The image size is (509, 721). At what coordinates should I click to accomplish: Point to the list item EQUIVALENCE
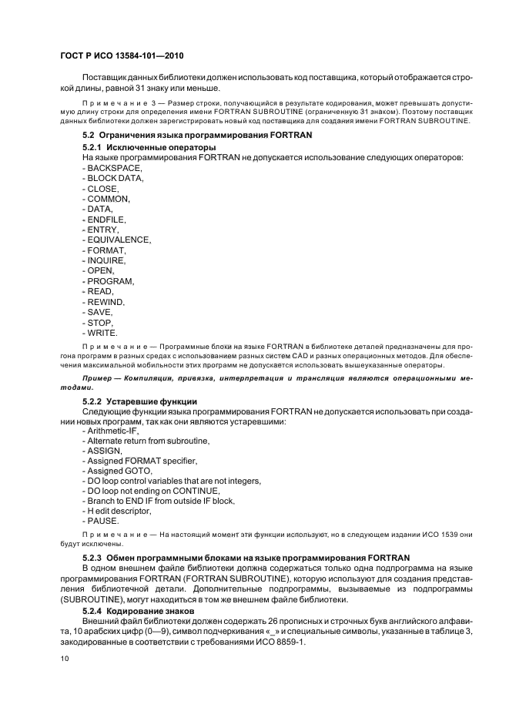pyautogui.click(x=119, y=240)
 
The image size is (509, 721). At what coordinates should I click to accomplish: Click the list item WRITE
pyautogui.click(x=102, y=334)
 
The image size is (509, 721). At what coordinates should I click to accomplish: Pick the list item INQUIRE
pyautogui.click(x=105, y=261)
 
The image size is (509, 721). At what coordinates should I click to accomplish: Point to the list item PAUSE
pyautogui.click(x=103, y=521)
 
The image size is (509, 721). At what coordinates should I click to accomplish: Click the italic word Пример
pyautogui.click(x=98, y=380)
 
